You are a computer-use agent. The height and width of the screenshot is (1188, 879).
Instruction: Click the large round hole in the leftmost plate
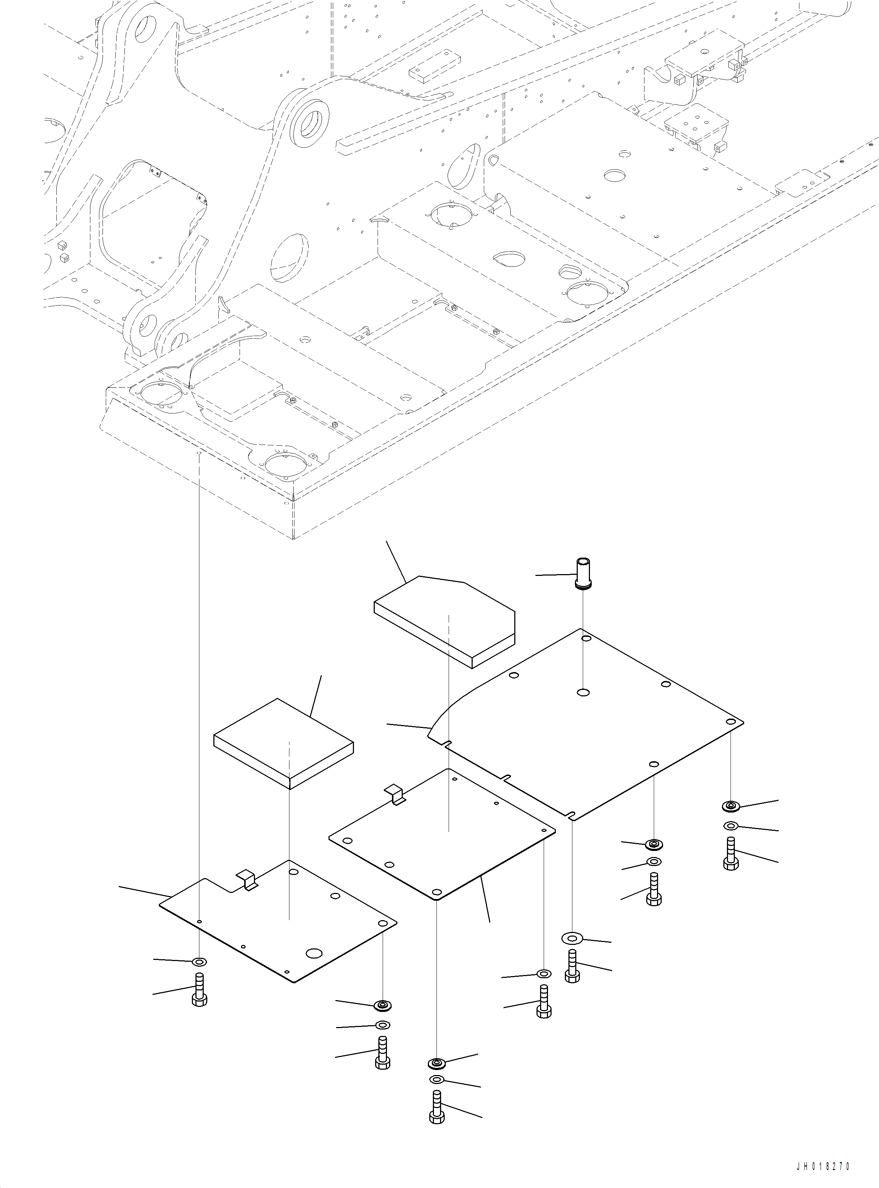click(x=315, y=953)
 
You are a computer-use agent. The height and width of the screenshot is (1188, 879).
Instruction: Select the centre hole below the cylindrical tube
click(x=583, y=692)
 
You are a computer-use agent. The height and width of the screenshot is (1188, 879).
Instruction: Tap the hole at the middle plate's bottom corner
click(x=436, y=892)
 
